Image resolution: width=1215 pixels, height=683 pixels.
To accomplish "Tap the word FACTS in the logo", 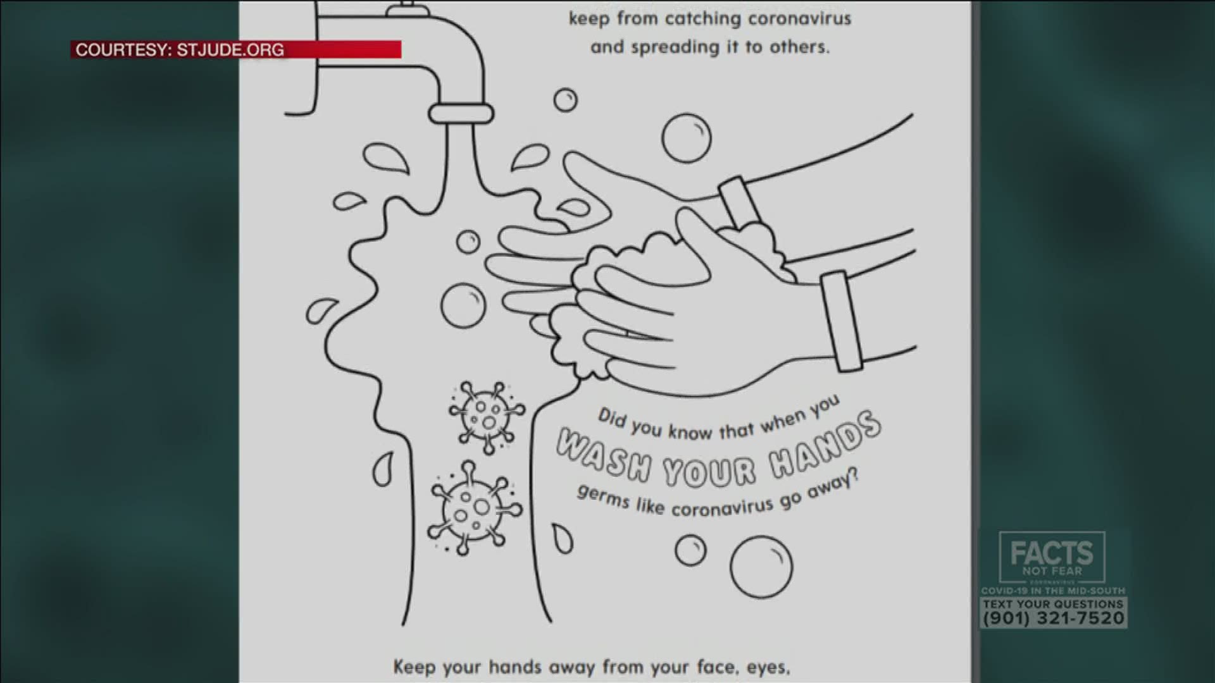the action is coord(1052,553).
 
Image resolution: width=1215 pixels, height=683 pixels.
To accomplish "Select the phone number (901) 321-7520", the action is coord(1053,618).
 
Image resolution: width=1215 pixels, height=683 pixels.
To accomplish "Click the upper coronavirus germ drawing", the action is coord(486,417).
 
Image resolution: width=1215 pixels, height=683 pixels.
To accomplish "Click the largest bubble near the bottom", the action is coord(761,567).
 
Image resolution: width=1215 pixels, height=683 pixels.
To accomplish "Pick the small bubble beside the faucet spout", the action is coord(565,100).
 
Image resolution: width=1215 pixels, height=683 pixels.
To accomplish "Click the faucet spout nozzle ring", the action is coord(461,114).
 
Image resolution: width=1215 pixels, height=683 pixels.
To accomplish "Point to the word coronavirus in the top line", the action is coord(800,19).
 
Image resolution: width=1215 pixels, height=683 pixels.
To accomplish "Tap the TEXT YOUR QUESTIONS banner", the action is coord(1053,604).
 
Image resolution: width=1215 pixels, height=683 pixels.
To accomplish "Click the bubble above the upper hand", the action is coord(687,138).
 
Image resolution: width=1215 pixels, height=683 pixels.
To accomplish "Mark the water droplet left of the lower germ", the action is coord(382,469).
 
